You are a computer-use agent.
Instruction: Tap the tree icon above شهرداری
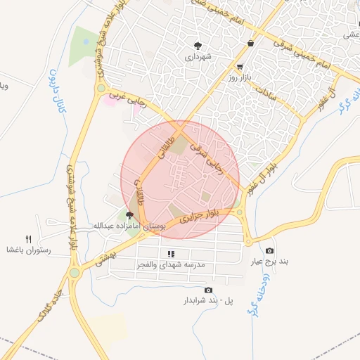[x=199, y=44]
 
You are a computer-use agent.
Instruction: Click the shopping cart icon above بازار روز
[x=241, y=67]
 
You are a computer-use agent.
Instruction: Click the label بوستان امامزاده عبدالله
[x=129, y=226]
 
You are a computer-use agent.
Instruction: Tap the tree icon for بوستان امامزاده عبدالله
[x=130, y=215]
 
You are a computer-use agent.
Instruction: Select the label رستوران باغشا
[x=28, y=250]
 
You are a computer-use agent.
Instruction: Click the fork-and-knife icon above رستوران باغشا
[x=29, y=238]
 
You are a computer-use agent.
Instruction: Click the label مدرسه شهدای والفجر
[x=171, y=265]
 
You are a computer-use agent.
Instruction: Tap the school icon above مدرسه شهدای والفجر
[x=170, y=254]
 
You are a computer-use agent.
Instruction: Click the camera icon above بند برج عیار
[x=270, y=251]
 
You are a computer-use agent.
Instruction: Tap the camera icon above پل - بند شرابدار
[x=208, y=290]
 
